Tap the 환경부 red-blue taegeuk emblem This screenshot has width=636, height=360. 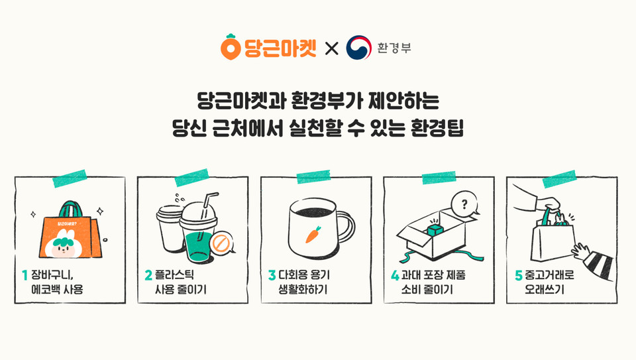pos(358,48)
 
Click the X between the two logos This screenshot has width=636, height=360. pos(331,48)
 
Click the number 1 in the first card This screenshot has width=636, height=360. pos(25,274)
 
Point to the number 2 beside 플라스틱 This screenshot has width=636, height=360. pos(148,274)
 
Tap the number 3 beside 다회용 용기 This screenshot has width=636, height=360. pos(271,274)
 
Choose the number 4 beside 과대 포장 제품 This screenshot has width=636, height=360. pos(395,274)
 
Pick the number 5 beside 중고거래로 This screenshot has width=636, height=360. pos(519,274)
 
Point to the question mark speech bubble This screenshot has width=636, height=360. pos(462,204)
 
